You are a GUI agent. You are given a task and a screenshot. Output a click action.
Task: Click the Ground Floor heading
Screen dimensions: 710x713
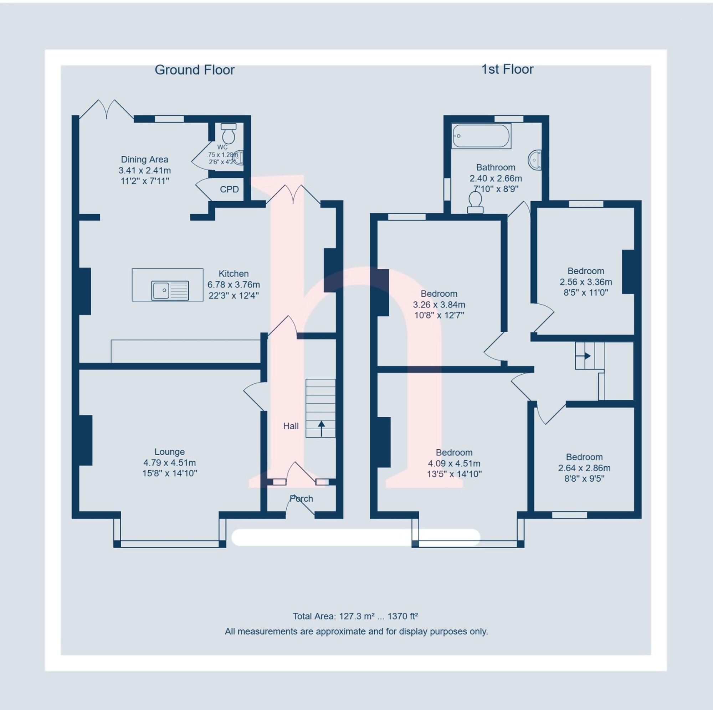[195, 70]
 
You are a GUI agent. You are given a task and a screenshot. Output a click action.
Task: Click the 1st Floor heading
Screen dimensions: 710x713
[507, 69]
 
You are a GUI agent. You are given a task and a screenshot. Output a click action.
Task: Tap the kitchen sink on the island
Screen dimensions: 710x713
[170, 290]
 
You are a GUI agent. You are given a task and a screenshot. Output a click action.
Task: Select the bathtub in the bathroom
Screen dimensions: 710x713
[481, 136]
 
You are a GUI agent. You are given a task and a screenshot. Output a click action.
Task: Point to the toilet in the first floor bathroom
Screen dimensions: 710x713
[475, 203]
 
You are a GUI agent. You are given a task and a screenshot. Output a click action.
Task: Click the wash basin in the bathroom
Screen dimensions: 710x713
[535, 160]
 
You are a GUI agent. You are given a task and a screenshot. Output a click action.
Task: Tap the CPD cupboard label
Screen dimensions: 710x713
[229, 189]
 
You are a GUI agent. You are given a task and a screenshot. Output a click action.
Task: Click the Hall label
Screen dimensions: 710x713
[291, 426]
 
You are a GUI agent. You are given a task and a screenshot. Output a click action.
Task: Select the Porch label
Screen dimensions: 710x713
[301, 498]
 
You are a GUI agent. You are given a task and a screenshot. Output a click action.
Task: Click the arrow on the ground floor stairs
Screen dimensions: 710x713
[321, 428]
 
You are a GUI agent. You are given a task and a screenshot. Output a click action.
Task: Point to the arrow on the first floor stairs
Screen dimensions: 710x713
[587, 356]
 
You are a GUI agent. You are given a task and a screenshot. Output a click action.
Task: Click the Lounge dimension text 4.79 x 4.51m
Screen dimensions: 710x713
[169, 462]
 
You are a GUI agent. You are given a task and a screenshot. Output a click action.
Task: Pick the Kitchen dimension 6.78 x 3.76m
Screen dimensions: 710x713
[233, 285]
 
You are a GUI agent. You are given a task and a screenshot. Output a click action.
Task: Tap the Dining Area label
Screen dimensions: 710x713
[144, 159]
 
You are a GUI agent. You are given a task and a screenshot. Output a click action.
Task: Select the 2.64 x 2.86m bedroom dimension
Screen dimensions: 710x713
[584, 468]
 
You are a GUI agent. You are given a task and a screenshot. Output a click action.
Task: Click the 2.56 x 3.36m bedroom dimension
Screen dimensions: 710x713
[585, 282]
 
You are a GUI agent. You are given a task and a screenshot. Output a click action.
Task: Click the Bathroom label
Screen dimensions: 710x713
[495, 167]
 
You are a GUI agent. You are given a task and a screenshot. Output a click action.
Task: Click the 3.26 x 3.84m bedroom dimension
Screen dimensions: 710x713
[438, 305]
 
